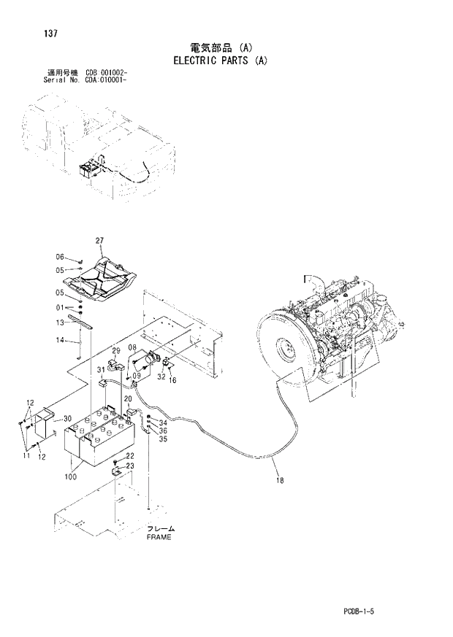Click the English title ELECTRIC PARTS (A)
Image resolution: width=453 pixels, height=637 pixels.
tap(221, 61)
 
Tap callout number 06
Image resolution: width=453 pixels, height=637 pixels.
tap(61, 257)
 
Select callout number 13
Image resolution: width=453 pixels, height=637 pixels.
tap(61, 323)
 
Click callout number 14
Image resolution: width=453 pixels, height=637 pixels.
tap(61, 339)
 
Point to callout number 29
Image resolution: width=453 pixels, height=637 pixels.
tap(115, 352)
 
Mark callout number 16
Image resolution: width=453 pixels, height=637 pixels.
tap(173, 380)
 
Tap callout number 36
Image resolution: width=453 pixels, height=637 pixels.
tap(163, 431)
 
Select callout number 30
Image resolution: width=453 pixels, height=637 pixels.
tap(66, 418)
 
